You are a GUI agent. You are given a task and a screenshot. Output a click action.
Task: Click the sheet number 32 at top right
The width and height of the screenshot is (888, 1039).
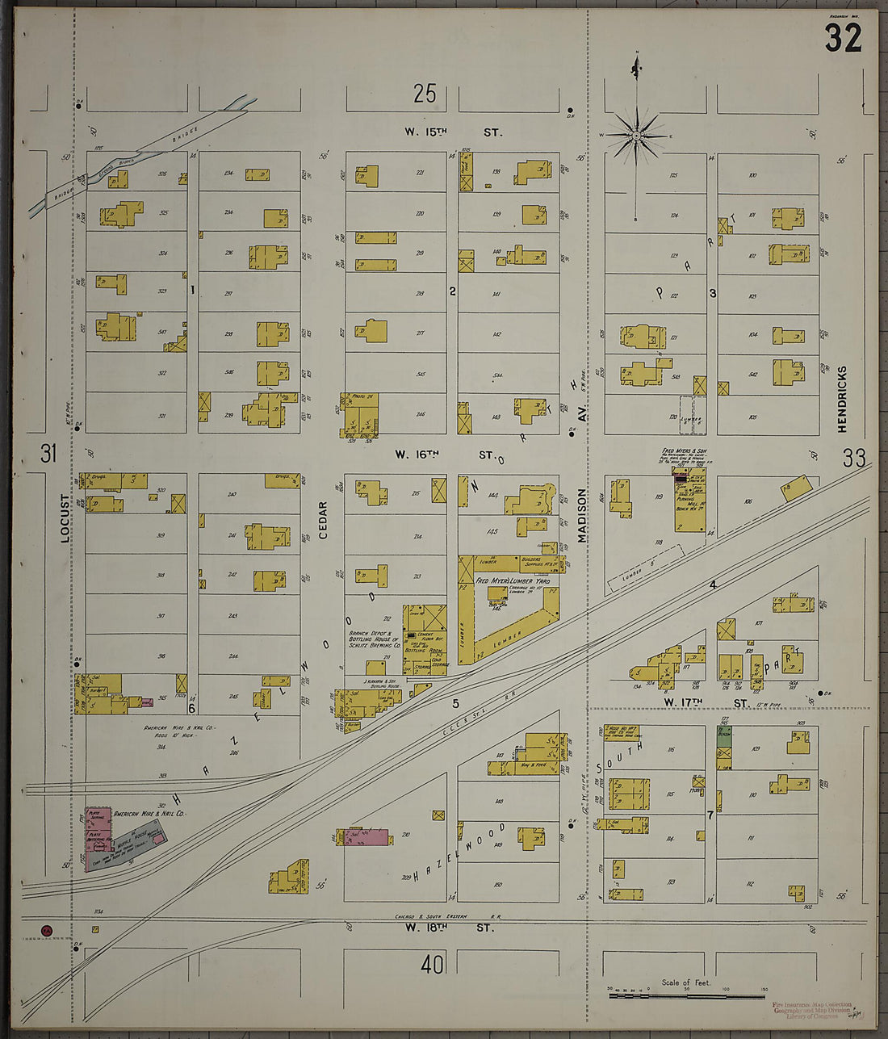click(844, 38)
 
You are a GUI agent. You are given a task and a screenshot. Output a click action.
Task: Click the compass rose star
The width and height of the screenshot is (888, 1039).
click(637, 136)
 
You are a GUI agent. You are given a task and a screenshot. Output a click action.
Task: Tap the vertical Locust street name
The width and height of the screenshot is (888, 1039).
click(66, 517)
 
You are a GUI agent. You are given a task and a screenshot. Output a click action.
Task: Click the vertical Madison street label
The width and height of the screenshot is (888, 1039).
click(580, 514)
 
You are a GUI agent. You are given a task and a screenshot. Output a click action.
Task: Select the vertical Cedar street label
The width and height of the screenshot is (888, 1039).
click(323, 520)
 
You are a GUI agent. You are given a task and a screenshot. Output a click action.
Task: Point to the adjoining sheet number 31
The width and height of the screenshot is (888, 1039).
click(48, 455)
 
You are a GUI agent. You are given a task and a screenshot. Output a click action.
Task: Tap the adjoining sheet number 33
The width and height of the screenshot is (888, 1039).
click(853, 459)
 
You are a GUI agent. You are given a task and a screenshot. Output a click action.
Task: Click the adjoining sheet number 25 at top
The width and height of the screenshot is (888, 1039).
click(425, 94)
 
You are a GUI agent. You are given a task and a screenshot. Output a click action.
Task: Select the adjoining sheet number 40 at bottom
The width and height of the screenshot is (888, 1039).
click(433, 964)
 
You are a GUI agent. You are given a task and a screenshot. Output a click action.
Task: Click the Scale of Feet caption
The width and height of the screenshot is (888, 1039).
click(686, 982)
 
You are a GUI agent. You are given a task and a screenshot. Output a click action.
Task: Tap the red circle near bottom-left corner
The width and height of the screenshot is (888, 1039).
click(47, 931)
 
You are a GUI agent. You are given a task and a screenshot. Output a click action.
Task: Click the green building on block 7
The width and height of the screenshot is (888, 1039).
click(724, 746)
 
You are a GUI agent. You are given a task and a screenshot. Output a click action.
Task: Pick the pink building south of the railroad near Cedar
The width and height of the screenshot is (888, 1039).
click(366, 836)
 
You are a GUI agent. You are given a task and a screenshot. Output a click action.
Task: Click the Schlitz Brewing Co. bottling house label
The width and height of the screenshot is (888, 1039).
click(375, 640)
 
